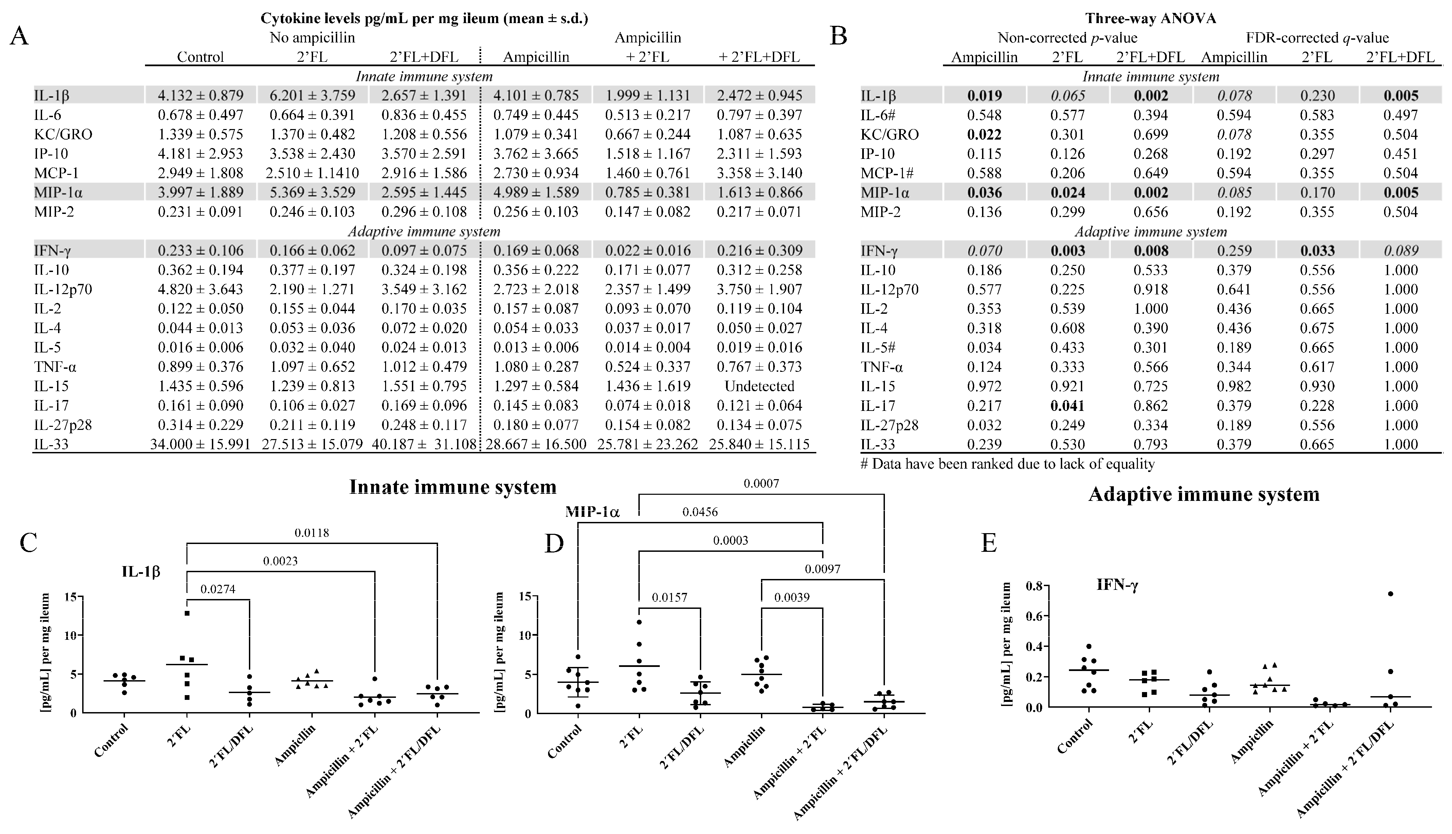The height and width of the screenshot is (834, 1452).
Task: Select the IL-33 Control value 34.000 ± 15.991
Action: pos(200,445)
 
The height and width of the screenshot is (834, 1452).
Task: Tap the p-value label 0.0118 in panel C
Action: pos(312,533)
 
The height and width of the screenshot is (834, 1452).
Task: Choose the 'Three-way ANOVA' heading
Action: pos(1150,18)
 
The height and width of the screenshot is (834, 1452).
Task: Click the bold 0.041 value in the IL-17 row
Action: pos(1067,405)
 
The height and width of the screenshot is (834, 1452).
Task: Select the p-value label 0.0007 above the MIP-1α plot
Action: pos(761,484)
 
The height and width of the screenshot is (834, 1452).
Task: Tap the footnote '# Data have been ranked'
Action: pos(1007,464)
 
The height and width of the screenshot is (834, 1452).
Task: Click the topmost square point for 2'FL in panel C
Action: pos(187,614)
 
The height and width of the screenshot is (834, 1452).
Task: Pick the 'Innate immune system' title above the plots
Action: pos(453,487)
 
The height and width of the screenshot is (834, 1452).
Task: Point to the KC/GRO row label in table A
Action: pos(63,134)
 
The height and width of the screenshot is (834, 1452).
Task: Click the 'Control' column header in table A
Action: pos(200,57)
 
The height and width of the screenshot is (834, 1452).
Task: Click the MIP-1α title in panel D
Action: pos(592,511)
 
